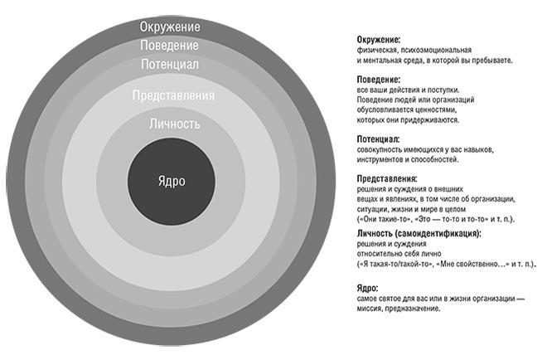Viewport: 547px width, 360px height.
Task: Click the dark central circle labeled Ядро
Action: coord(172,182)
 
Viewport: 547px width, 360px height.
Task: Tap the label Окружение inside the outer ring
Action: coord(170,27)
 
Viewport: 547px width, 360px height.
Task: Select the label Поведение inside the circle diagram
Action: coord(170,45)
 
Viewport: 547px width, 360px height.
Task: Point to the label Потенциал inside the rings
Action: coord(170,64)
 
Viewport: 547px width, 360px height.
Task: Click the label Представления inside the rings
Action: coord(173,96)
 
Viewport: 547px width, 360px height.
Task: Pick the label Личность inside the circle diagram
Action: coord(174,124)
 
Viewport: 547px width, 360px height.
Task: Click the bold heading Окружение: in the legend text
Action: coord(379,40)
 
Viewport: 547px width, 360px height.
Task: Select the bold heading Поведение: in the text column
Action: coord(378,79)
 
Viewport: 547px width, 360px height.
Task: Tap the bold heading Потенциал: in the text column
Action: coord(378,139)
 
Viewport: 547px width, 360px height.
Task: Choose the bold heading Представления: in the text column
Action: coord(386,178)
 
